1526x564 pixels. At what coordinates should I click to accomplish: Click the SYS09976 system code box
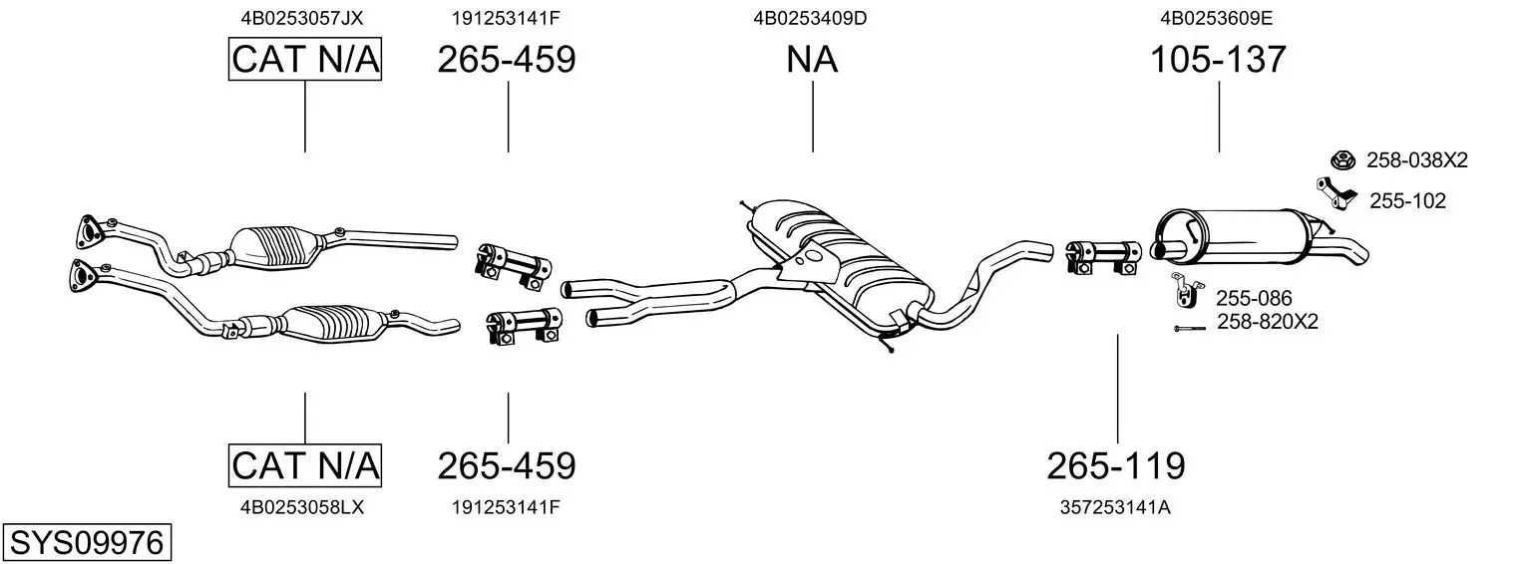pyautogui.click(x=86, y=543)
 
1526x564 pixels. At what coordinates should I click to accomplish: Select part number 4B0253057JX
pyautogui.click(x=304, y=17)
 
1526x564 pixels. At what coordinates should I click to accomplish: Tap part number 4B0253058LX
pyautogui.click(x=303, y=507)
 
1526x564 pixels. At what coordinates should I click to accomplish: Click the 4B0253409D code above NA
pyautogui.click(x=811, y=17)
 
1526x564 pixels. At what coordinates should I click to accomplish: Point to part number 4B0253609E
pyautogui.click(x=1217, y=17)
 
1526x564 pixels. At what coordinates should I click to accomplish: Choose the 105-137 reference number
pyautogui.click(x=1218, y=60)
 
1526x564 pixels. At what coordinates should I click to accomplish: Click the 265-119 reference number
pyautogui.click(x=1116, y=464)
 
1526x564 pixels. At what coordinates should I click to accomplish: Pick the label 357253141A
pyautogui.click(x=1115, y=507)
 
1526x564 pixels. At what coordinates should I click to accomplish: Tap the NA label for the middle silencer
pyautogui.click(x=812, y=60)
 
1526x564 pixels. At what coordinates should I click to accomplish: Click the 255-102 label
pyautogui.click(x=1406, y=201)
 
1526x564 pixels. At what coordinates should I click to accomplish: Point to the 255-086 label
pyautogui.click(x=1254, y=297)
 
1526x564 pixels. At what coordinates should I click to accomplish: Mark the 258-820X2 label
pyautogui.click(x=1268, y=322)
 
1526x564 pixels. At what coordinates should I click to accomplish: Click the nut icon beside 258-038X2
pyautogui.click(x=1342, y=159)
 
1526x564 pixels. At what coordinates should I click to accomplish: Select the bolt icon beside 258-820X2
pyautogui.click(x=1189, y=327)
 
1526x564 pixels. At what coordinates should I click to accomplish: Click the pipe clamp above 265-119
pyautogui.click(x=1103, y=255)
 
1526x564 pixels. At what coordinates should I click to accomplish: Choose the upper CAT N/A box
pyautogui.click(x=304, y=60)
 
